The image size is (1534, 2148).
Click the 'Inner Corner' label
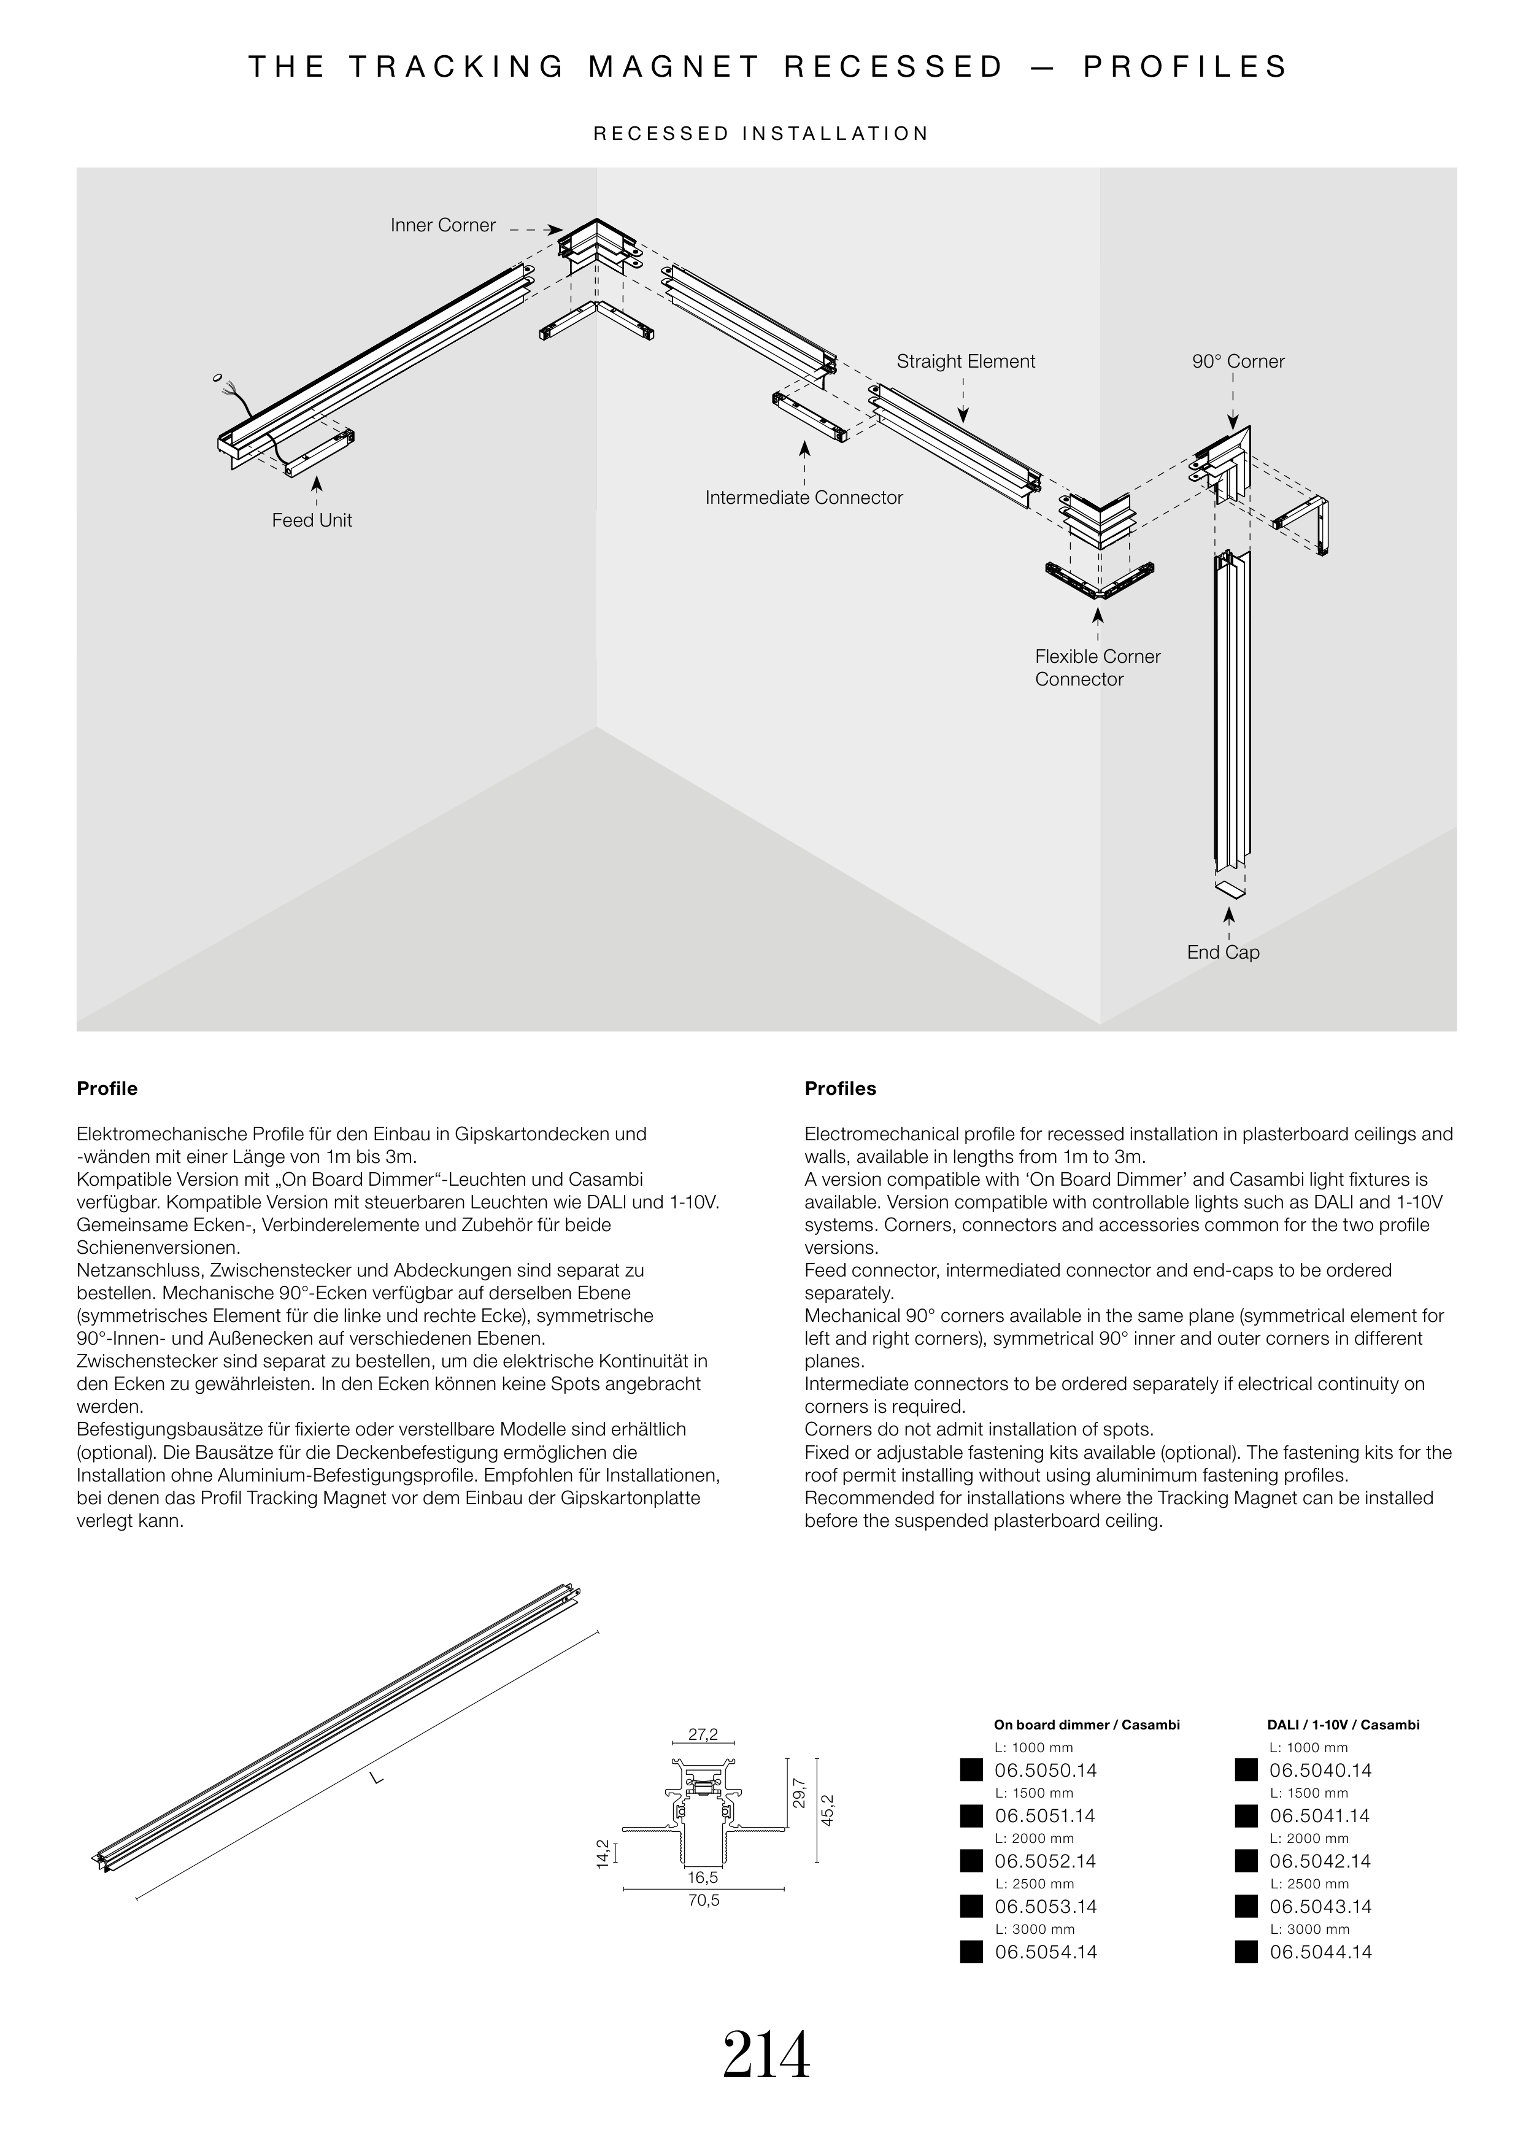click(x=443, y=226)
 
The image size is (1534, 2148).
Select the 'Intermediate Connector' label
click(x=804, y=498)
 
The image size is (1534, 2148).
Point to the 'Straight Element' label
click(x=965, y=361)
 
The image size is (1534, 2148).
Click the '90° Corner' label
click(x=1238, y=361)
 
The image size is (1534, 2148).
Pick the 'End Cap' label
click(x=1224, y=952)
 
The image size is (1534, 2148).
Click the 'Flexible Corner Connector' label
click(x=1097, y=668)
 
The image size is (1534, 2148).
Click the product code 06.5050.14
click(x=1046, y=1771)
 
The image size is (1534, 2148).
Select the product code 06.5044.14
click(x=1320, y=1952)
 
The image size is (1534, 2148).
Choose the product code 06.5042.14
click(x=1320, y=1862)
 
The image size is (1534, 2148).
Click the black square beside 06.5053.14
click(x=971, y=1907)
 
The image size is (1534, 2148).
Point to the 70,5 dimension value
click(x=704, y=1901)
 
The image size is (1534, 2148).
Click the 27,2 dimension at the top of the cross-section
click(x=703, y=1735)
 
